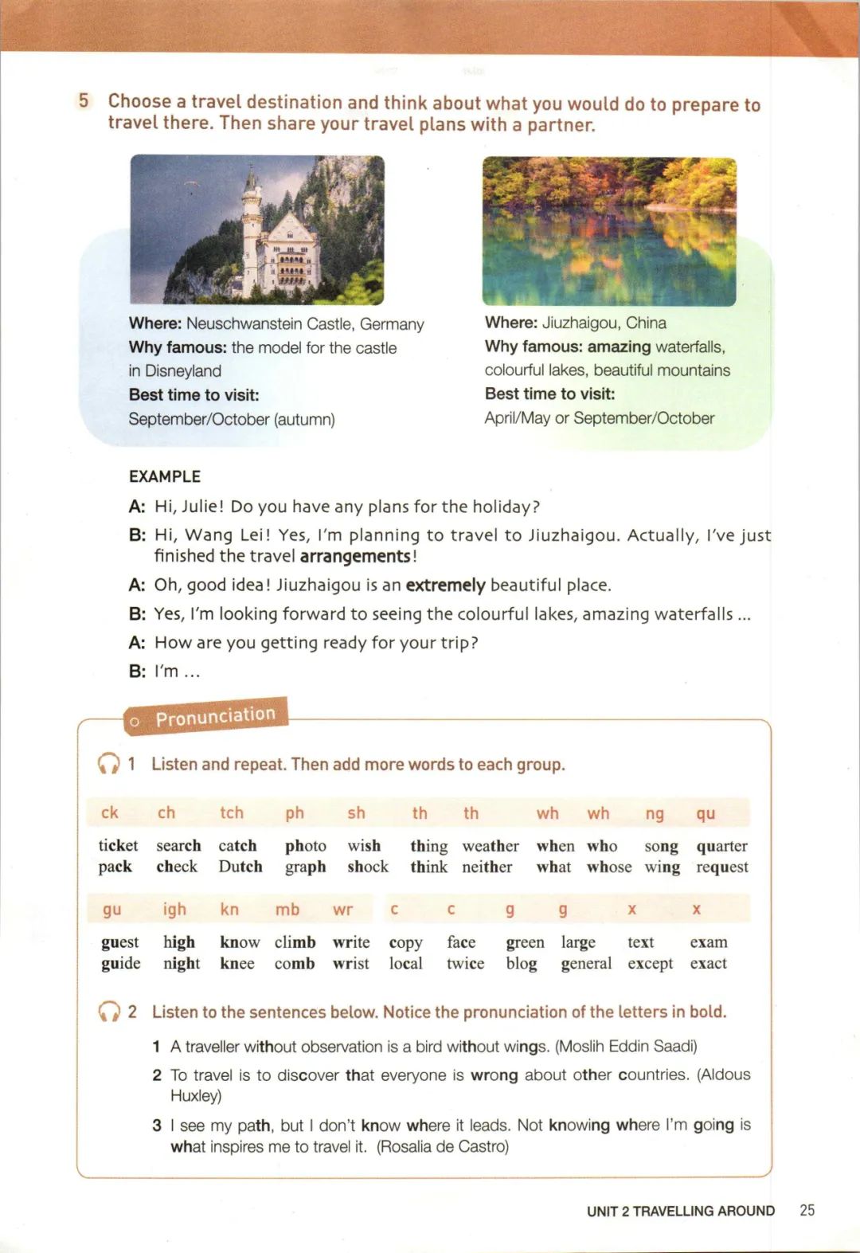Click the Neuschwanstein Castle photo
256,229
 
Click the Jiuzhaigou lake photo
608,231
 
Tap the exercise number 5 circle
84,101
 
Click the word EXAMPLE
165,476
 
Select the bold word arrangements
355,556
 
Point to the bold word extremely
445,585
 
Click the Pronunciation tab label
214,716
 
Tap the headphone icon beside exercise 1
108,764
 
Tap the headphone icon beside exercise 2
108,1012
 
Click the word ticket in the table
118,845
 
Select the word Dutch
240,867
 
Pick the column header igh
174,909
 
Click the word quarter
721,846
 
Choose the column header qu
706,813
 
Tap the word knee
237,964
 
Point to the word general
586,964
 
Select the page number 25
807,1210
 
